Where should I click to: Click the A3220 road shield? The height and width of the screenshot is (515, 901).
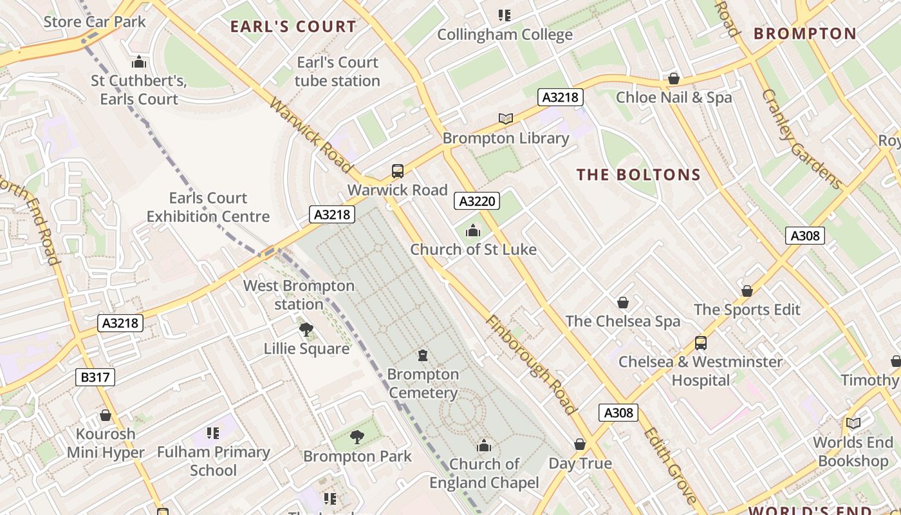[477, 201]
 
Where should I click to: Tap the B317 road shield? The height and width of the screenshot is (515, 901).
[95, 377]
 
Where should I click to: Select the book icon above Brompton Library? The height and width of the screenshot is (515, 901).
[506, 118]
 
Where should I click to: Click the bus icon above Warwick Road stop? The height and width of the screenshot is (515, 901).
[398, 171]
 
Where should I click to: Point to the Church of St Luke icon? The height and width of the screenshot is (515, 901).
[473, 230]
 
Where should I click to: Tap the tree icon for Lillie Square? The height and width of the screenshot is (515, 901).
[306, 330]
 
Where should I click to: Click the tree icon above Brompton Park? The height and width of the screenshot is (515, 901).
[357, 438]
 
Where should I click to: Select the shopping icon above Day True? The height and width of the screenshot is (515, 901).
[580, 444]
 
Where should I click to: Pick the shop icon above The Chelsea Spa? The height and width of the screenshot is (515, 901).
[622, 303]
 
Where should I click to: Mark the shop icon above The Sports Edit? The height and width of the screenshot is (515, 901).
[747, 291]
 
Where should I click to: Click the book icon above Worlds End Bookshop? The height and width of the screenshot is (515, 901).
[853, 424]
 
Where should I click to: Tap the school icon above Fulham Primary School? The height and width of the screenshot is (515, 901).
[213, 433]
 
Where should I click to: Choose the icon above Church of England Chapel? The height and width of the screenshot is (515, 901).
[484, 445]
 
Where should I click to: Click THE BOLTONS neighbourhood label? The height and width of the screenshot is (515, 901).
[638, 175]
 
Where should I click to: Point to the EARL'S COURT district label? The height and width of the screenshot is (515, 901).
[293, 27]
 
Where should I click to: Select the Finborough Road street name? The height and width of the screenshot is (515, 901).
[531, 364]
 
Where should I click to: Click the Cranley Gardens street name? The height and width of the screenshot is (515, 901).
[802, 139]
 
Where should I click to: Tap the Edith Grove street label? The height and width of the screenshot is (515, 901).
[669, 465]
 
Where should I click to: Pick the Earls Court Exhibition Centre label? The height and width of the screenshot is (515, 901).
[208, 207]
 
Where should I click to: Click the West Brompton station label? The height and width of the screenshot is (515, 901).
[299, 295]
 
